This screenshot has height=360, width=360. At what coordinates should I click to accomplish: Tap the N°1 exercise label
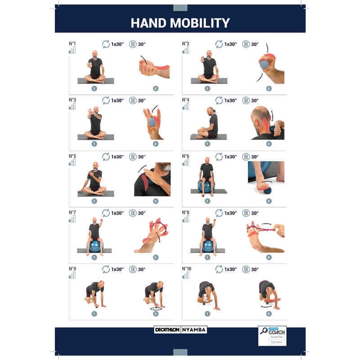coord(72,44)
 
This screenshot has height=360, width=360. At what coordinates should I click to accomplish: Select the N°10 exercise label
coord(187,269)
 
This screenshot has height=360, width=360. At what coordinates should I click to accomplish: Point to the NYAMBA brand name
coord(194,329)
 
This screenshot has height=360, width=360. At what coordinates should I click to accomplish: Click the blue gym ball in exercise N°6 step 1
coord(206,186)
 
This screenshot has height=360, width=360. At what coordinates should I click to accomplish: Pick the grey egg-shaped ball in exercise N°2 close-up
coord(264,64)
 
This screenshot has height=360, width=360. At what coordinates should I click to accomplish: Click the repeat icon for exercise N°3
coord(106,100)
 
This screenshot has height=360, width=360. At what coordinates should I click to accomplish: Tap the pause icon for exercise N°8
coord(246,213)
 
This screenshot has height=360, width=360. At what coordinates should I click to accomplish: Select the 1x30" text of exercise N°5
coord(117,157)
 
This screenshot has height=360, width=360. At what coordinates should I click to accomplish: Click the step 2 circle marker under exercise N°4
coord(269,144)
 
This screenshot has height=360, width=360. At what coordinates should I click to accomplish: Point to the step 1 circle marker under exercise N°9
coord(94,314)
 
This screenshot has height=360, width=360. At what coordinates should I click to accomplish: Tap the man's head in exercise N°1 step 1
coord(94,54)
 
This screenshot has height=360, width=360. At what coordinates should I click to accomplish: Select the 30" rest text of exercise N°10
coord(255,269)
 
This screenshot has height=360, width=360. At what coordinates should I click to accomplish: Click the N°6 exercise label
coord(185,156)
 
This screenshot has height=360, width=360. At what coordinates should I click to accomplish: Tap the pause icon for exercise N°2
coord(246,44)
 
